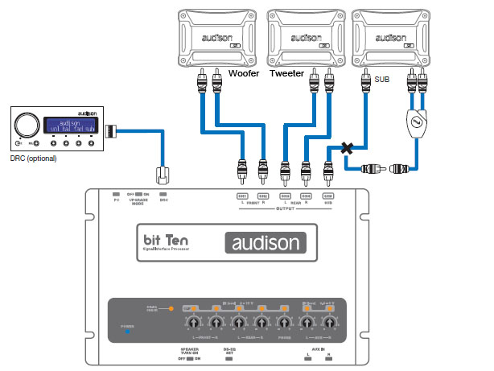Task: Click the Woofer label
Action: point(245,73)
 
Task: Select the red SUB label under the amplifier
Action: point(384,80)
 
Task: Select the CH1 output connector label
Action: point(241,196)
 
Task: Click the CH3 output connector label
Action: point(285,196)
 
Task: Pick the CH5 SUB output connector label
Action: point(328,196)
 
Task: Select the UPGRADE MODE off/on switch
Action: point(140,195)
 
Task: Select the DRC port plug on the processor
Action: point(162,175)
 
